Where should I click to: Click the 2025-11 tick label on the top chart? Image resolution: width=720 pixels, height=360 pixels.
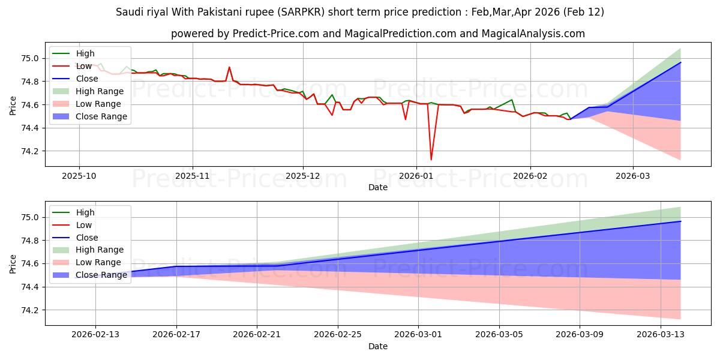point(193,175)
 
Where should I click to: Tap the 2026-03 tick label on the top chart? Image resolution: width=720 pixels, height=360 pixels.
point(633,175)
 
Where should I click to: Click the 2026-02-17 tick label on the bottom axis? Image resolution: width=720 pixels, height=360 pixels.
point(176,334)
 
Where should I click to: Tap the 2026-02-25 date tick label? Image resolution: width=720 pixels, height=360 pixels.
point(338,334)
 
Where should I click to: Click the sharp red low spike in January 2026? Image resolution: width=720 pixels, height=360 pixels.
point(431,159)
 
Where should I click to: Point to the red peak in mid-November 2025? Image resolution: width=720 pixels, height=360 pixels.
point(229,67)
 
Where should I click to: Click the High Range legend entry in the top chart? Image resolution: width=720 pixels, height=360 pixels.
point(100,91)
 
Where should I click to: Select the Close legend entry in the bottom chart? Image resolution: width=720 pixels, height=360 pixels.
point(87,238)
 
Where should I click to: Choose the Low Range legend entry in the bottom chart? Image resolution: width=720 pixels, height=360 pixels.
point(99,262)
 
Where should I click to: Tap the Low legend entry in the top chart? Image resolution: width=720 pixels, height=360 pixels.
point(84,66)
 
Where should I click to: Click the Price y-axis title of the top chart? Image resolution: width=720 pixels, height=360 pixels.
point(13,105)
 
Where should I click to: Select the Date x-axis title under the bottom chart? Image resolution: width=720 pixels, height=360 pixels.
point(378,346)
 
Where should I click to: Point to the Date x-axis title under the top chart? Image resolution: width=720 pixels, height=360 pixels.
point(378,187)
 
